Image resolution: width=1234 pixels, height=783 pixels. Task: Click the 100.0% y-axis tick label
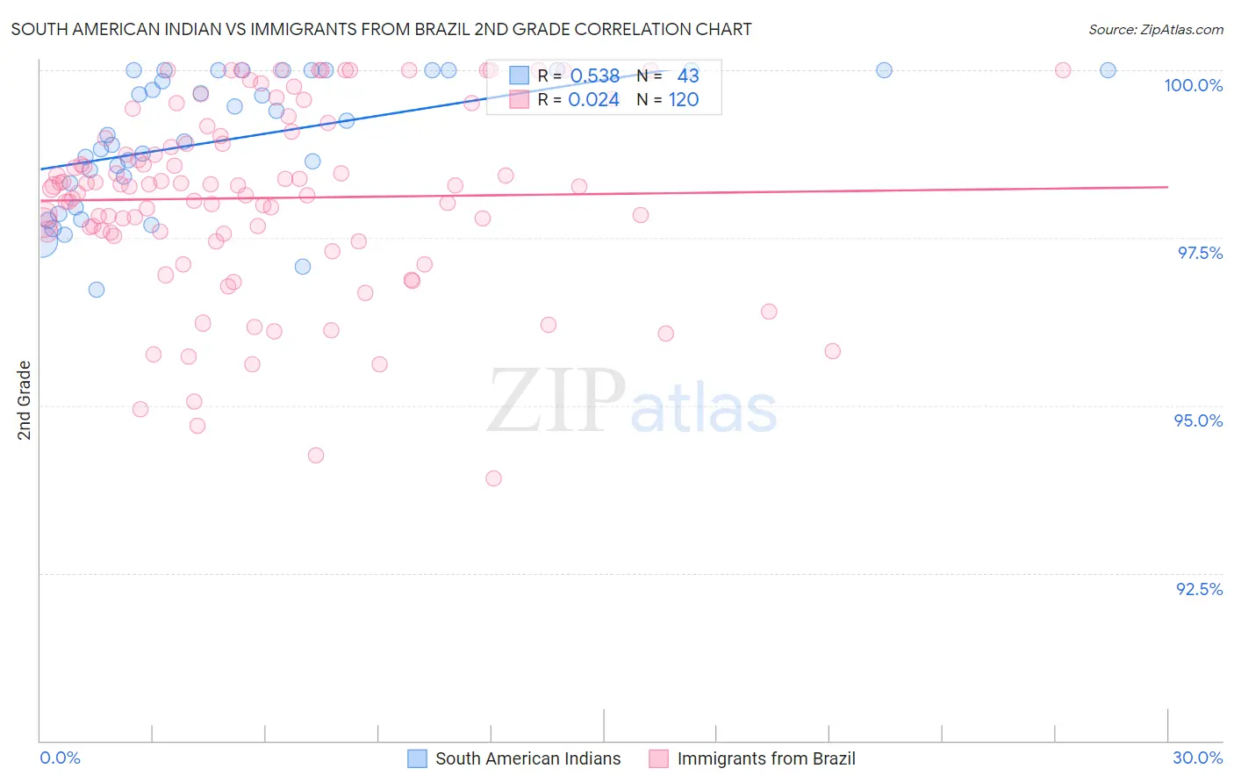pyautogui.click(x=1193, y=85)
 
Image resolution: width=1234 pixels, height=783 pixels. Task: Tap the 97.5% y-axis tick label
pyautogui.click(x=1199, y=253)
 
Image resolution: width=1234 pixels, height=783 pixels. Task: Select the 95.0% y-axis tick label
pyautogui.click(x=1198, y=420)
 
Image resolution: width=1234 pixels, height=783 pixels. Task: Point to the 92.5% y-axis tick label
pyautogui.click(x=1199, y=589)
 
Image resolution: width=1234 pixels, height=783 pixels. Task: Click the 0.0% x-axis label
pyautogui.click(x=60, y=758)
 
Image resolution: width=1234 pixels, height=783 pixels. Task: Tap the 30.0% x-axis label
pyautogui.click(x=1197, y=758)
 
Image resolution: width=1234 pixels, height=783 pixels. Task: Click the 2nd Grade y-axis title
pyautogui.click(x=25, y=400)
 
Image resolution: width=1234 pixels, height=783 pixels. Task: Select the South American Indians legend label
pyautogui.click(x=527, y=759)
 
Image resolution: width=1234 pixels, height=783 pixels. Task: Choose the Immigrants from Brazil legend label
pyautogui.click(x=766, y=759)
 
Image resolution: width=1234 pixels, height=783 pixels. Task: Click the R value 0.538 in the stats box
pyautogui.click(x=595, y=76)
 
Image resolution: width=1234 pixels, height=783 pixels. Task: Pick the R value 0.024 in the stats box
pyautogui.click(x=593, y=100)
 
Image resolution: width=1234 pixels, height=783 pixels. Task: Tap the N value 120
pyautogui.click(x=684, y=100)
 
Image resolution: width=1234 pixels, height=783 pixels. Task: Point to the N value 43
pyautogui.click(x=688, y=76)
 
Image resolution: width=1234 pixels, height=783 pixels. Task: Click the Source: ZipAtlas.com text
pyautogui.click(x=1155, y=29)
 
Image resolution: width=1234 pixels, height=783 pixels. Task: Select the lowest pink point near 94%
pyautogui.click(x=493, y=478)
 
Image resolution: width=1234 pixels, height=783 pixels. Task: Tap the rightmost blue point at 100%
pyautogui.click(x=1108, y=70)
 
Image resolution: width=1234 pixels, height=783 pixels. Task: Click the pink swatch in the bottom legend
pyautogui.click(x=658, y=759)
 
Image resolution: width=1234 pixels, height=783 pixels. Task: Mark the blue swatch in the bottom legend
pyautogui.click(x=417, y=759)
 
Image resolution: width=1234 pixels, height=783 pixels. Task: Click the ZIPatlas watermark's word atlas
pyautogui.click(x=704, y=409)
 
